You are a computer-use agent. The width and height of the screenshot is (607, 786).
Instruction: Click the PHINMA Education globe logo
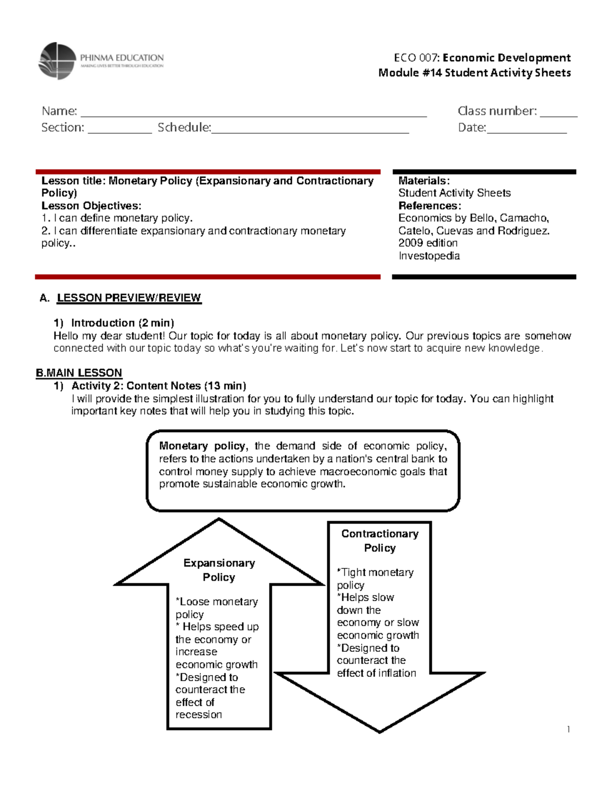pos(57,61)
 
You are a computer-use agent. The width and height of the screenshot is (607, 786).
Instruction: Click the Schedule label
pos(184,128)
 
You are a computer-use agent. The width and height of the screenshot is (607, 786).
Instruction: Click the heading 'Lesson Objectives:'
pos(91,205)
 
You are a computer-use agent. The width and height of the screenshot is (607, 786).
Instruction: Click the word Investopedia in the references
pos(429,256)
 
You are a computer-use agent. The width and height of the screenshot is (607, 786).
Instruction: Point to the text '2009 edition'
pos(428,243)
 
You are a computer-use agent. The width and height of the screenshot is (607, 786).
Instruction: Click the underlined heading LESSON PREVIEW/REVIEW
pos(129,298)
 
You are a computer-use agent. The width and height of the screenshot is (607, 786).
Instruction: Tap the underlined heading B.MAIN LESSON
pos(79,373)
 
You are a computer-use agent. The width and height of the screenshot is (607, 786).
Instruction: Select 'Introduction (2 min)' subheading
pos(122,323)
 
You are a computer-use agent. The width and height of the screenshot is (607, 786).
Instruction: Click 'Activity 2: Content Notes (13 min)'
pos(158,386)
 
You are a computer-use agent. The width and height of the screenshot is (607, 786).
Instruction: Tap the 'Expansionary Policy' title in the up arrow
pos(219,570)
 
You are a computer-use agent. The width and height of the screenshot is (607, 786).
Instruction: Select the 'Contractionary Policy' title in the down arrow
pos(380,541)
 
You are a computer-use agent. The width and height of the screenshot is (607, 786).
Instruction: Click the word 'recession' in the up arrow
pos(199,715)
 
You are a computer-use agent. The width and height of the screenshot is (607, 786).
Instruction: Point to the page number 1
pos(569,729)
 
